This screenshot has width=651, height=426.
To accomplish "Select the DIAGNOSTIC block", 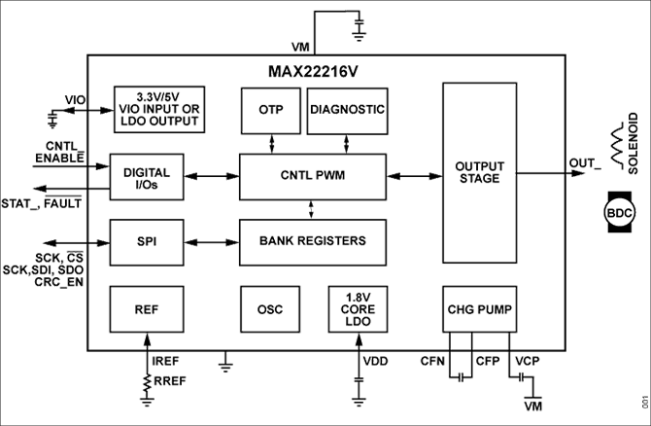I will click(347, 110).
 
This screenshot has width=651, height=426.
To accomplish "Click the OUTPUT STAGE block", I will click(479, 172).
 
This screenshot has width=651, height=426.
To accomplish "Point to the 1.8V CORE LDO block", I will click(359, 308).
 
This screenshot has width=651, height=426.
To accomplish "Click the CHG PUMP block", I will click(479, 308).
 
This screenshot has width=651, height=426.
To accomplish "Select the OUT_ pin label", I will click(584, 163).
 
